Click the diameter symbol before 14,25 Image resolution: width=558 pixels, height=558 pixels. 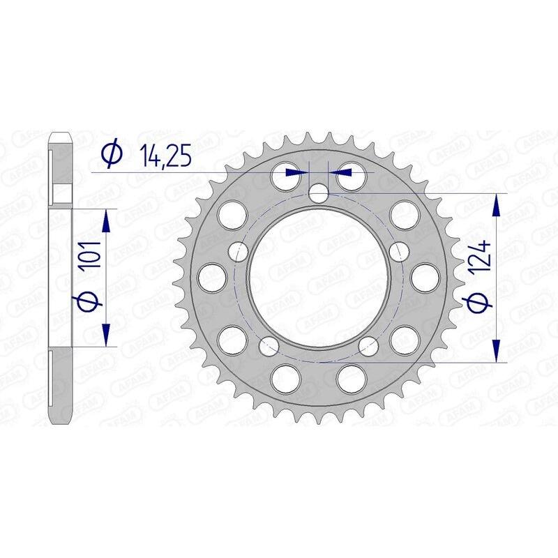[112, 154]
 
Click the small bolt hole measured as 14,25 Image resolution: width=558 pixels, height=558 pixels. [319, 193]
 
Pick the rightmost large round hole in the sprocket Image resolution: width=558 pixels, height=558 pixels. [423, 277]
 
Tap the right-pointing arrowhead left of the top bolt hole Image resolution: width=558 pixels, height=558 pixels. [301, 171]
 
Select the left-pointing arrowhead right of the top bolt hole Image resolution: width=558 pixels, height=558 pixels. [336, 171]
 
